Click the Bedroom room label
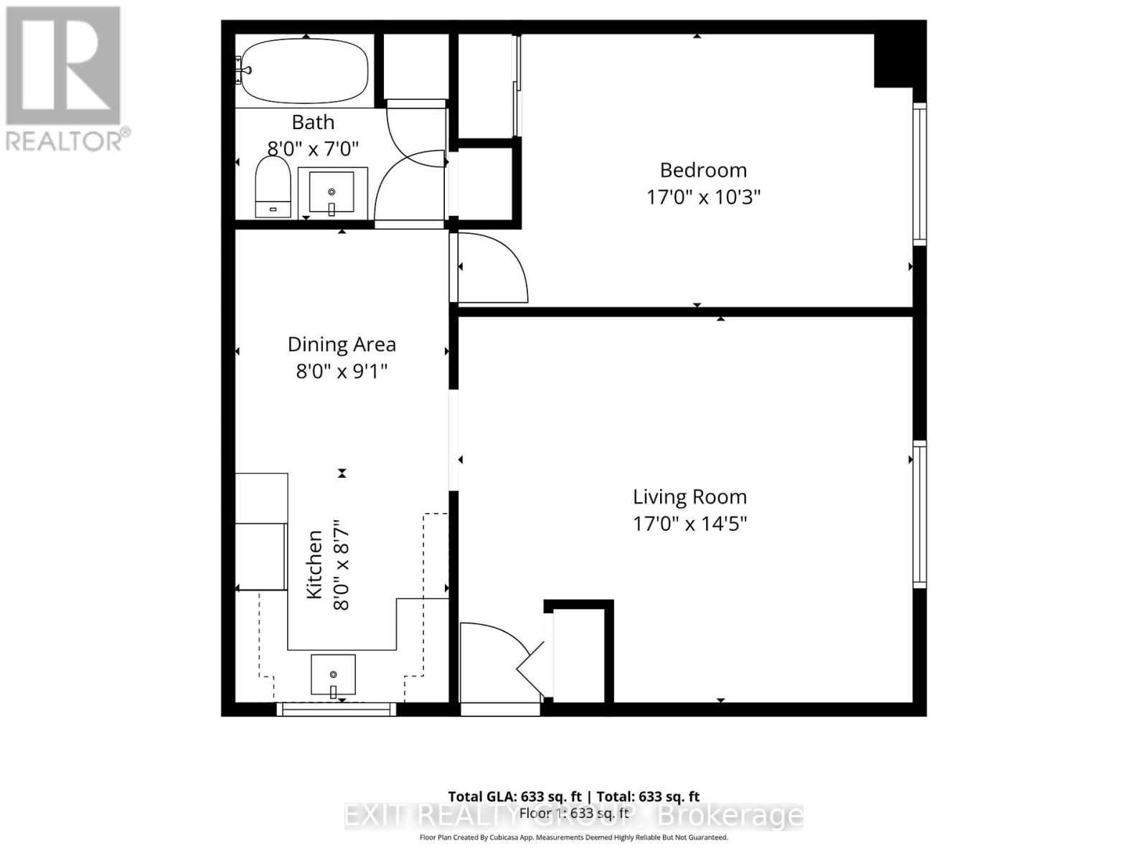coord(703,170)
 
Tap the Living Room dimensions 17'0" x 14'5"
coord(690,524)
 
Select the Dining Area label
coord(342,344)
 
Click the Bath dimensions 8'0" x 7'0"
coord(313,149)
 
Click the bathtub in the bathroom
coord(304,70)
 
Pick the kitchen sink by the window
coord(333,674)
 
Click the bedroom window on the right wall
coord(919,172)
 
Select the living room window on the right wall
coord(919,514)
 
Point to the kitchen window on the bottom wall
coord(337,709)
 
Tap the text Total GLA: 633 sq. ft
coord(514,796)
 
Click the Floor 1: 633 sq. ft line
coord(574,814)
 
